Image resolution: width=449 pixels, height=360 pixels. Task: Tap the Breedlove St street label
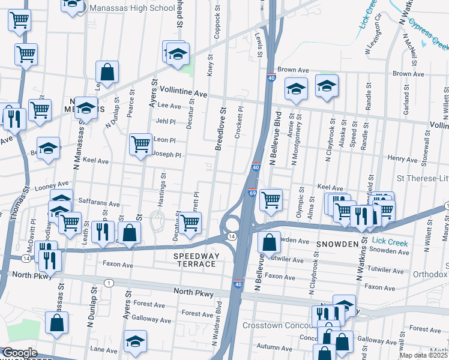pyautogui.click(x=221, y=129)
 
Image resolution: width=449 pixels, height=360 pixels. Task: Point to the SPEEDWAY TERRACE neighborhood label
pyautogui.click(x=194, y=260)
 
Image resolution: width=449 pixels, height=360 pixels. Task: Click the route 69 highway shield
pyautogui.click(x=252, y=193)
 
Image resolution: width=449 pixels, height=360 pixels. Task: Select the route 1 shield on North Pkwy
pyautogui.click(x=108, y=283)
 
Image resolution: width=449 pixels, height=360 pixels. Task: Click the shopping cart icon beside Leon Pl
pyautogui.click(x=140, y=144)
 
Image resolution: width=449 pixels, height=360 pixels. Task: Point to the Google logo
pyautogui.click(x=19, y=353)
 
